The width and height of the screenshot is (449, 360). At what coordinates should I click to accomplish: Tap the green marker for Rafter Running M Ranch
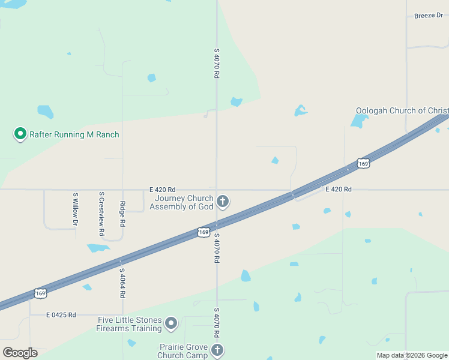20,133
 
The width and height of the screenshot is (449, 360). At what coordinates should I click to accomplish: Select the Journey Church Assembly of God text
181,203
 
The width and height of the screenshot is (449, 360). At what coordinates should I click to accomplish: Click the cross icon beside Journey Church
223,201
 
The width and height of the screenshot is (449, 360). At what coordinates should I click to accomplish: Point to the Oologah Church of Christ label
402,110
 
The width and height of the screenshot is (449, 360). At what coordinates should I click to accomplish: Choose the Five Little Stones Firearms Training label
130,324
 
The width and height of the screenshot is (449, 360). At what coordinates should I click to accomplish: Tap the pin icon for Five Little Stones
171,324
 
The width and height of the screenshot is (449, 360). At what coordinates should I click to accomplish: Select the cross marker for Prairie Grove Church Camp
217,350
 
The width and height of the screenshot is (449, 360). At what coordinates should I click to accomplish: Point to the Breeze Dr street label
428,16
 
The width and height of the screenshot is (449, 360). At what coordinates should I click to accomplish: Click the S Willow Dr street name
76,209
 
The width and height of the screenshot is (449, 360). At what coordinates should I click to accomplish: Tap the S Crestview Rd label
102,213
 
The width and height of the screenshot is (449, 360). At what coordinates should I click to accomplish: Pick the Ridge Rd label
122,214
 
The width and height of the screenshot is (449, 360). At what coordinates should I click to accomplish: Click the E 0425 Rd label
61,314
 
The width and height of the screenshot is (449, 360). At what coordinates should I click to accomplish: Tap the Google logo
20,353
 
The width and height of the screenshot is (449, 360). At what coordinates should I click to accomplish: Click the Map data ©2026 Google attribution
412,356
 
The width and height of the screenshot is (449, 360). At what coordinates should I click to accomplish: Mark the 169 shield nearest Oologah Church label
363,163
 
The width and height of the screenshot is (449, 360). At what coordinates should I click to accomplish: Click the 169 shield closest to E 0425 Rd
40,293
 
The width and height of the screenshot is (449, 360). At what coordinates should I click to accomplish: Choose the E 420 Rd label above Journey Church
163,189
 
